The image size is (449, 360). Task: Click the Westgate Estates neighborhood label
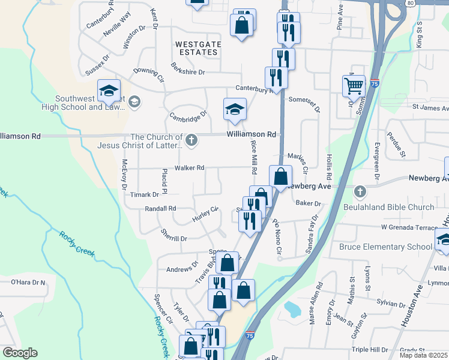[x=198, y=49]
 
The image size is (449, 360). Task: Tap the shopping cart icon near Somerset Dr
[x=354, y=85]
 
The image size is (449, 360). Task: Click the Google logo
[x=19, y=352]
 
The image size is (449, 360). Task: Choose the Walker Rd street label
[x=190, y=168]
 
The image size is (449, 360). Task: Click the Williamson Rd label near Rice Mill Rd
[x=252, y=134]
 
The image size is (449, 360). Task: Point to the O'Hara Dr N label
[x=28, y=281]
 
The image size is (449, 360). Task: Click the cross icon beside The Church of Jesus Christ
[x=191, y=140]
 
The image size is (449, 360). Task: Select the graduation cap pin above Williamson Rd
[x=235, y=109]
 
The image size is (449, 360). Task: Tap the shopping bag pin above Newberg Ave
[x=280, y=176]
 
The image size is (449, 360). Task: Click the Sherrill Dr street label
[x=174, y=238]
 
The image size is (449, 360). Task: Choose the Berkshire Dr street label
[x=188, y=71]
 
